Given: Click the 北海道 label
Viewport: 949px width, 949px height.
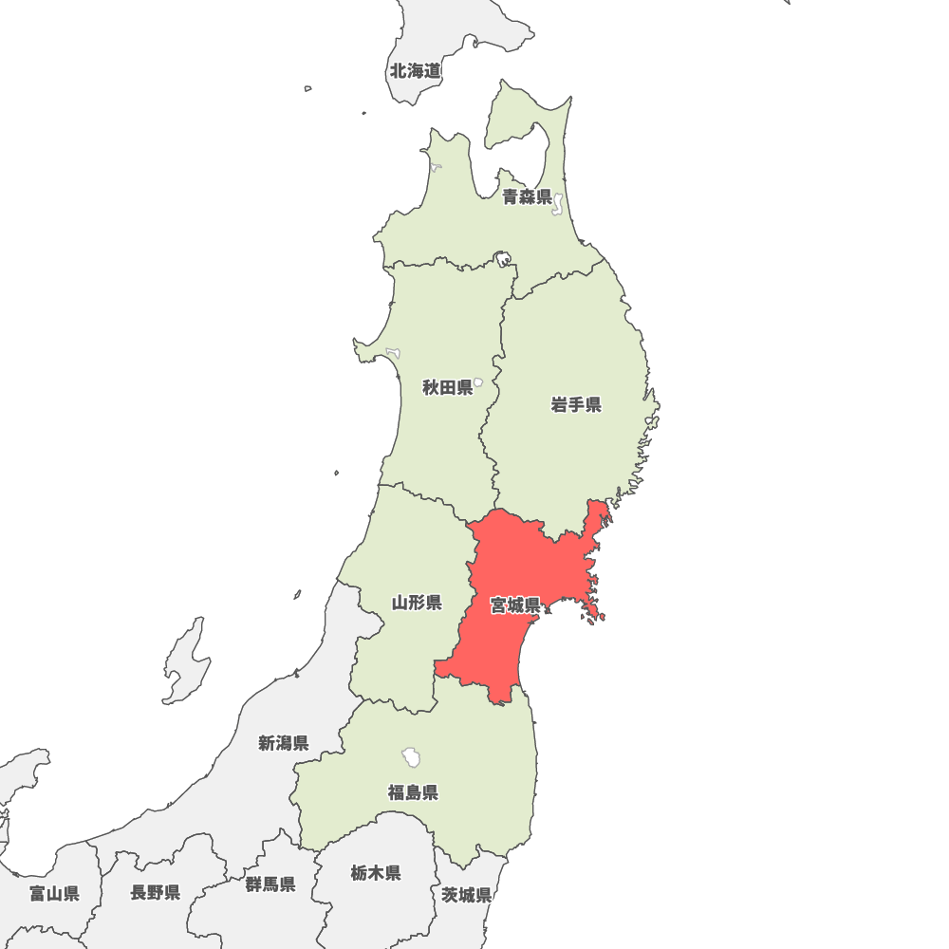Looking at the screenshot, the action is click(415, 71).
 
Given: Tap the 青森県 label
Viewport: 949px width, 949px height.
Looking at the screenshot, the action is click(527, 197).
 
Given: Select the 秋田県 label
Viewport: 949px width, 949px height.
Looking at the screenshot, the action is click(447, 387).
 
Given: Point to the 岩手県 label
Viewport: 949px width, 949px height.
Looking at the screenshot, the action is click(576, 405).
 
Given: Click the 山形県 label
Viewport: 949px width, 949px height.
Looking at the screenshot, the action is click(417, 603).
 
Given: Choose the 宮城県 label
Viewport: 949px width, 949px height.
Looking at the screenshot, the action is click(515, 605).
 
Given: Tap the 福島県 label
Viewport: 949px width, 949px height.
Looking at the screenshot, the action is click(413, 791).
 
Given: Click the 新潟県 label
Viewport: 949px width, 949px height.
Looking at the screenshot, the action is click(283, 743).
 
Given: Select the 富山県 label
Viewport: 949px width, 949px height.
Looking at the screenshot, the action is click(54, 893).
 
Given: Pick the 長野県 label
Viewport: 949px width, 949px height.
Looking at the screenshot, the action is click(156, 892).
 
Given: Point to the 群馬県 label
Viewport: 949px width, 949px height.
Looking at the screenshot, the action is click(270, 884).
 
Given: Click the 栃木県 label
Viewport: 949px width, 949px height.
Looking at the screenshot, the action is click(375, 873).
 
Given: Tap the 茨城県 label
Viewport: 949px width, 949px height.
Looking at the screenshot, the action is click(466, 895).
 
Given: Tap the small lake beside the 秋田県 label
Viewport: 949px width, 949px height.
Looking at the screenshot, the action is click(478, 382).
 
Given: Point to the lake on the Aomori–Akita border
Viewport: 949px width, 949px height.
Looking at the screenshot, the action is click(502, 257).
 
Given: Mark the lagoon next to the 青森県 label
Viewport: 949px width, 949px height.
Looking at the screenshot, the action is click(558, 203).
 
